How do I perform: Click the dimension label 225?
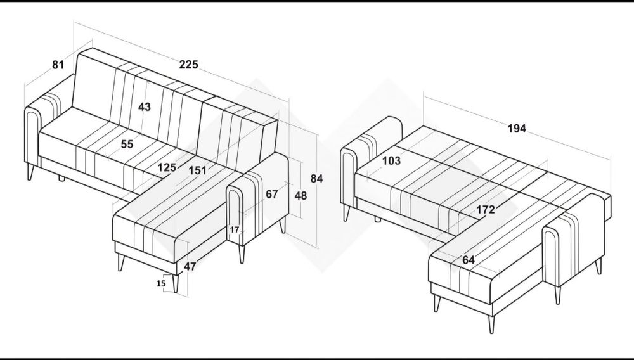click(189, 65)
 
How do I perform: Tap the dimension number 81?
click(58, 65)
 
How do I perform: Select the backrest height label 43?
click(145, 107)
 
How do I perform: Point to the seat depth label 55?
click(127, 145)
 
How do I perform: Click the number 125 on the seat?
click(167, 167)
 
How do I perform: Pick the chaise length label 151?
click(198, 170)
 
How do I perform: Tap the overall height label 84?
click(316, 179)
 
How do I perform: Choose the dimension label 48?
click(301, 196)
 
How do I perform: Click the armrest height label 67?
click(272, 195)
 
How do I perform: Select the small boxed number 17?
click(235, 230)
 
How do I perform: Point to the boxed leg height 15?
click(161, 284)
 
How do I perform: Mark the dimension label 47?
click(190, 267)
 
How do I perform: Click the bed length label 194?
click(517, 129)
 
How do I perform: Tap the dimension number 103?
click(391, 161)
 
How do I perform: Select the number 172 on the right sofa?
click(485, 210)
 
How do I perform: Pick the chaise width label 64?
click(469, 260)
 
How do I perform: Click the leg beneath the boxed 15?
click(175, 283)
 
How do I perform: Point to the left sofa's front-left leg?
click(30, 171)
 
